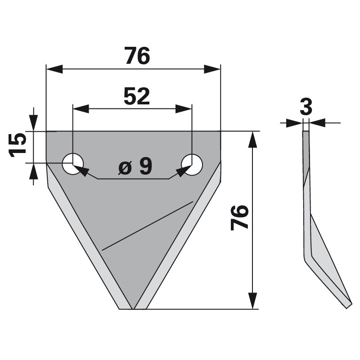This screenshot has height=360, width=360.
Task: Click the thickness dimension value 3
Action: pos(306,108)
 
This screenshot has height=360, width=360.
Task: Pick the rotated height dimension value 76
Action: pos(239,217)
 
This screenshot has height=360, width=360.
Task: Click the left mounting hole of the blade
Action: pos(73,164)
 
